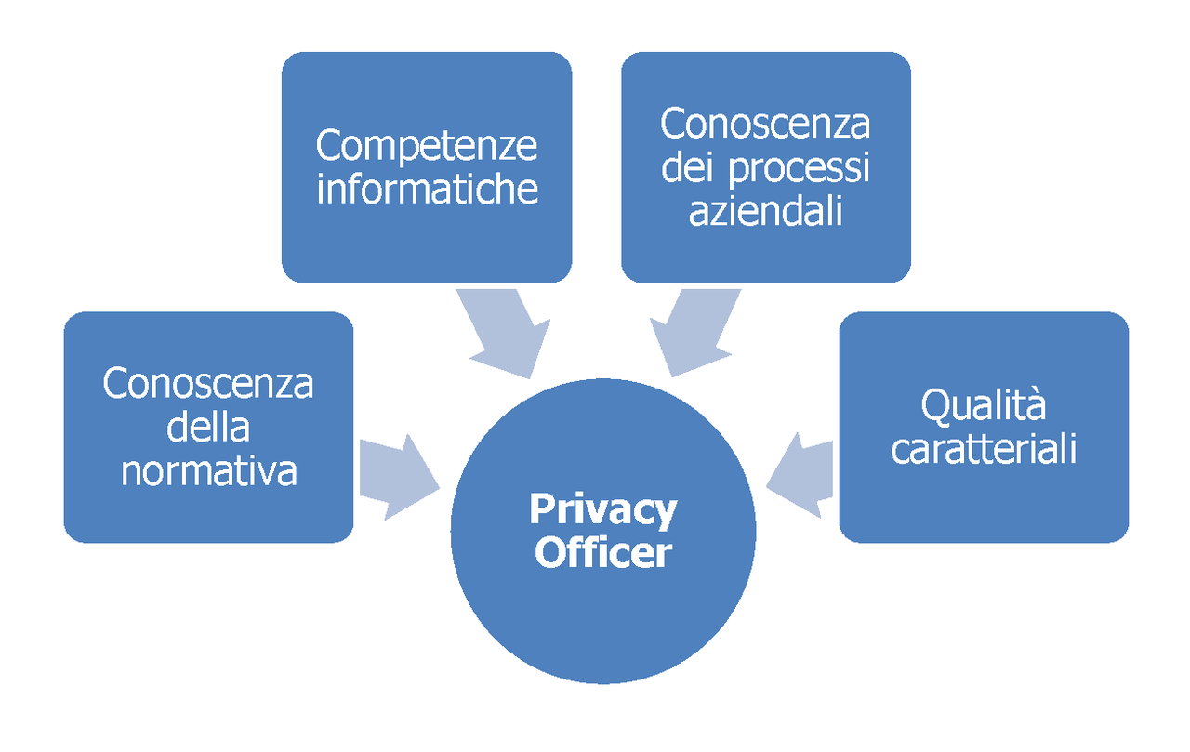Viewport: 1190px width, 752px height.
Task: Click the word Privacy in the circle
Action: tap(602, 510)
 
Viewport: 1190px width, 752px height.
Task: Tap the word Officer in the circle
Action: tap(602, 554)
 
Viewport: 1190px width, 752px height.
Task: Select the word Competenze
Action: tap(427, 145)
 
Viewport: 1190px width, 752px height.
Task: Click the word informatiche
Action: tap(427, 188)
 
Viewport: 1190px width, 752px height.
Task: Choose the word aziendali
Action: tap(765, 211)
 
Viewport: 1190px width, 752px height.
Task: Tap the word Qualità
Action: tap(983, 406)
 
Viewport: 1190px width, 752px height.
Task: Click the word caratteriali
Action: tap(984, 449)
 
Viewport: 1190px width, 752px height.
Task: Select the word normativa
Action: tap(208, 471)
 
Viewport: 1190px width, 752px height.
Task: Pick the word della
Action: tap(208, 428)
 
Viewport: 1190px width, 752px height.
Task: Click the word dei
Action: tap(689, 168)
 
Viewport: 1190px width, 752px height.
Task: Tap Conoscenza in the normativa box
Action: tap(208, 384)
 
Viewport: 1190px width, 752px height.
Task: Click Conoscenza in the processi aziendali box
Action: tap(765, 124)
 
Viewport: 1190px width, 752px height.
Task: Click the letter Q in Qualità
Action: tap(933, 406)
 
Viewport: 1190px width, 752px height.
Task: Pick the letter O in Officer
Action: tap(549, 554)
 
